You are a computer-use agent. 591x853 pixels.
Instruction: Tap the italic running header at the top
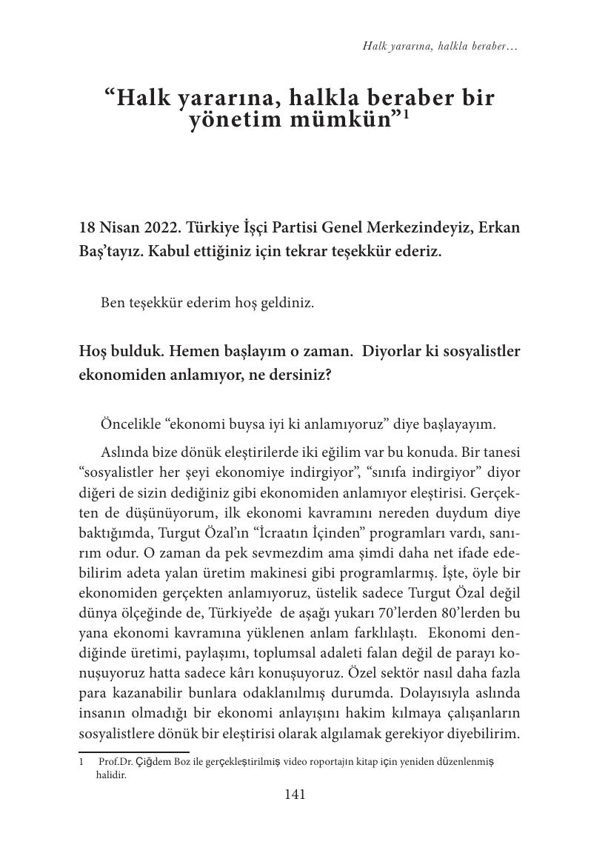(440, 46)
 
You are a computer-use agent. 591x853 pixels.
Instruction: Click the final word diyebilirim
(481, 733)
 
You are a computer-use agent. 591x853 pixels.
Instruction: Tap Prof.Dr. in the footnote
(116, 762)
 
